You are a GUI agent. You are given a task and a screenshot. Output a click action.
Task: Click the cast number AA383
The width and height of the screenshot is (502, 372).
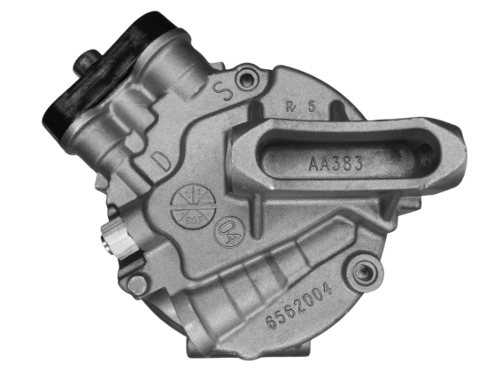[336, 164]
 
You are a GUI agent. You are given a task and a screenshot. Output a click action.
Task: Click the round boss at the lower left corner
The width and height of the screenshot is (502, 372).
[137, 284]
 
